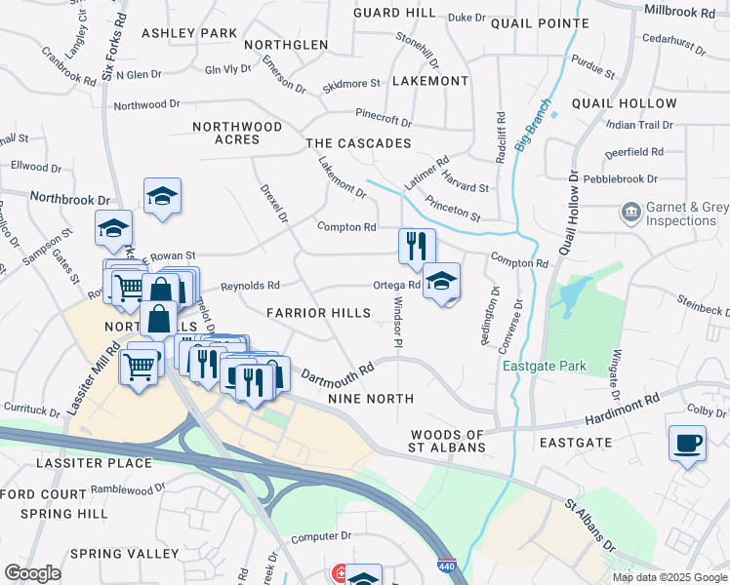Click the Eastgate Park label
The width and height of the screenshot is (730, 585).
(x=545, y=367)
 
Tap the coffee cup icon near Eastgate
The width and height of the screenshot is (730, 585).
(x=688, y=444)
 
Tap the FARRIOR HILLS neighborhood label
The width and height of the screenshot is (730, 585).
(x=319, y=312)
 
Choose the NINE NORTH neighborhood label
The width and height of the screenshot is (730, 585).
(x=371, y=399)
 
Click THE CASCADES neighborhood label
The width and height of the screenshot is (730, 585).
(x=358, y=143)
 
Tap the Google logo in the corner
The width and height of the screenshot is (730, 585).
(x=32, y=573)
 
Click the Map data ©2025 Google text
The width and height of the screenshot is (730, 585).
(x=669, y=576)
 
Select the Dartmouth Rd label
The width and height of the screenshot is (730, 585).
(x=338, y=373)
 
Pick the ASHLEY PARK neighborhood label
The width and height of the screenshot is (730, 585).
(x=189, y=33)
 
